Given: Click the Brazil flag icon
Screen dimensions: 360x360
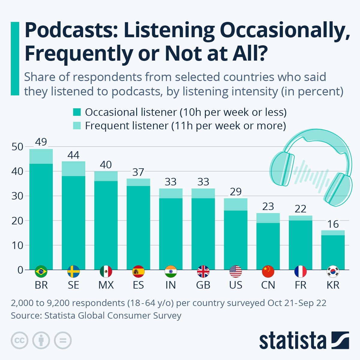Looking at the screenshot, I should (41, 271).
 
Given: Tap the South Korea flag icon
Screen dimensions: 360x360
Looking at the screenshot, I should (333, 271).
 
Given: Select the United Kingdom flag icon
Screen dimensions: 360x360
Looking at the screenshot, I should (203, 271).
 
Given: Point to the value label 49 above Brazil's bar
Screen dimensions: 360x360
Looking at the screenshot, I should (41, 142).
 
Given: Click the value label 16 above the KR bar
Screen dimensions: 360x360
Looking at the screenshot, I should (333, 224).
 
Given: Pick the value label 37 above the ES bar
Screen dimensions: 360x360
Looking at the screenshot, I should (138, 172).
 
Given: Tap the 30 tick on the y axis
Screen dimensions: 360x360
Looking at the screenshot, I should (17, 196).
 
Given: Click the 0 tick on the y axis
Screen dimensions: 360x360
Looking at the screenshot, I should (20, 270).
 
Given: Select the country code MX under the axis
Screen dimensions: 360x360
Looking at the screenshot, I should (106, 285).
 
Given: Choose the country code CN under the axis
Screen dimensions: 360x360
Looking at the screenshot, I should (268, 285).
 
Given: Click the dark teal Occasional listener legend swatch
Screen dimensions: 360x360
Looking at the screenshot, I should (77, 112).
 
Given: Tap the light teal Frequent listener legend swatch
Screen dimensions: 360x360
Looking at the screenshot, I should (77, 126).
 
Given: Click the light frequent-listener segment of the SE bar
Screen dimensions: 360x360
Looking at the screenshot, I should (73, 169).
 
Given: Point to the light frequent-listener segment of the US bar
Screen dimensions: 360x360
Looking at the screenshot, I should (235, 204).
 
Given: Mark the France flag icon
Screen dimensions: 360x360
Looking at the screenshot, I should (300, 271).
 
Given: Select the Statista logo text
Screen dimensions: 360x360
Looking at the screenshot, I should (292, 341).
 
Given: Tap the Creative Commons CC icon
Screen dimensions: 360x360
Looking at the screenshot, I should (19, 340).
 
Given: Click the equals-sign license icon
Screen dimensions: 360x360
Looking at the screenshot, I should (63, 340).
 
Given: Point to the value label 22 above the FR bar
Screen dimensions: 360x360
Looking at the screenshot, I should (300, 209).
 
